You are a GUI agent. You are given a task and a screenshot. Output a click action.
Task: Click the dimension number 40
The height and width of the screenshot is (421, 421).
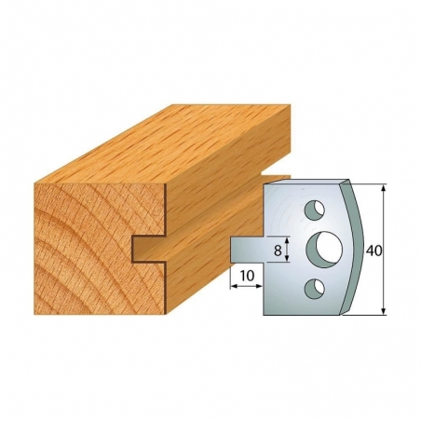373,251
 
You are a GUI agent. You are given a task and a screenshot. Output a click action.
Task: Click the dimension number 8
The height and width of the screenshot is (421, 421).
278,251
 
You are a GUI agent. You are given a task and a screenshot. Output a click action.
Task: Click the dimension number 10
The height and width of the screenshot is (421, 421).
247,276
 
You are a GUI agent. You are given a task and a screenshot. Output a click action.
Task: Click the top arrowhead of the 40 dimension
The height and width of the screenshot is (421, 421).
384,188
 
